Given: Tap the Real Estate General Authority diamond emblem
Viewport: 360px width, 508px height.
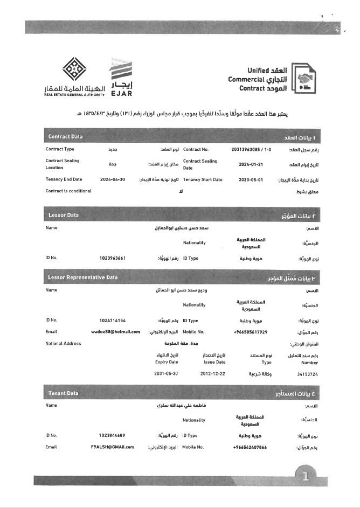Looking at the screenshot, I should pyautogui.click(x=75, y=69).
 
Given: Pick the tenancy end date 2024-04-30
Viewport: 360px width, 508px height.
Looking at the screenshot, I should pyautogui.click(x=113, y=180).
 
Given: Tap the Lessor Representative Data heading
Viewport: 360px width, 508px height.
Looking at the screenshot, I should pyautogui.click(x=82, y=278).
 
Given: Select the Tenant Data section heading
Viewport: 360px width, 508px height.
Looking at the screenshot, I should pyautogui.click(x=63, y=393).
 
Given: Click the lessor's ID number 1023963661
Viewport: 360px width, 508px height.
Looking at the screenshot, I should pyautogui.click(x=113, y=258).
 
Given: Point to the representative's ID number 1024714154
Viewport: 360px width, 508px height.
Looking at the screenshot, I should pyautogui.click(x=113, y=321).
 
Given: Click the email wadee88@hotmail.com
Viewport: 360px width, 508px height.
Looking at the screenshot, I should pyautogui.click(x=116, y=332).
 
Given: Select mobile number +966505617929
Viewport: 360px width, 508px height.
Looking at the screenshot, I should pyautogui.click(x=250, y=332).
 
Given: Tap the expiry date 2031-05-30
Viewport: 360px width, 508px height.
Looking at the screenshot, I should pyautogui.click(x=166, y=373).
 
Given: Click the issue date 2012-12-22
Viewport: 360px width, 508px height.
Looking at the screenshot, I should pyautogui.click(x=213, y=373).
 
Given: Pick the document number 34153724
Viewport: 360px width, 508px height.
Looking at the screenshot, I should pyautogui.click(x=307, y=373).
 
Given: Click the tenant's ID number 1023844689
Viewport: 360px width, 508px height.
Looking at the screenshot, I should pyautogui.click(x=113, y=435).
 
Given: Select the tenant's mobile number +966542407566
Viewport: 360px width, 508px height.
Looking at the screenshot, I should pyautogui.click(x=250, y=447).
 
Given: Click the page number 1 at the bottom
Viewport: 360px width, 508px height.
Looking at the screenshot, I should pyautogui.click(x=306, y=476).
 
